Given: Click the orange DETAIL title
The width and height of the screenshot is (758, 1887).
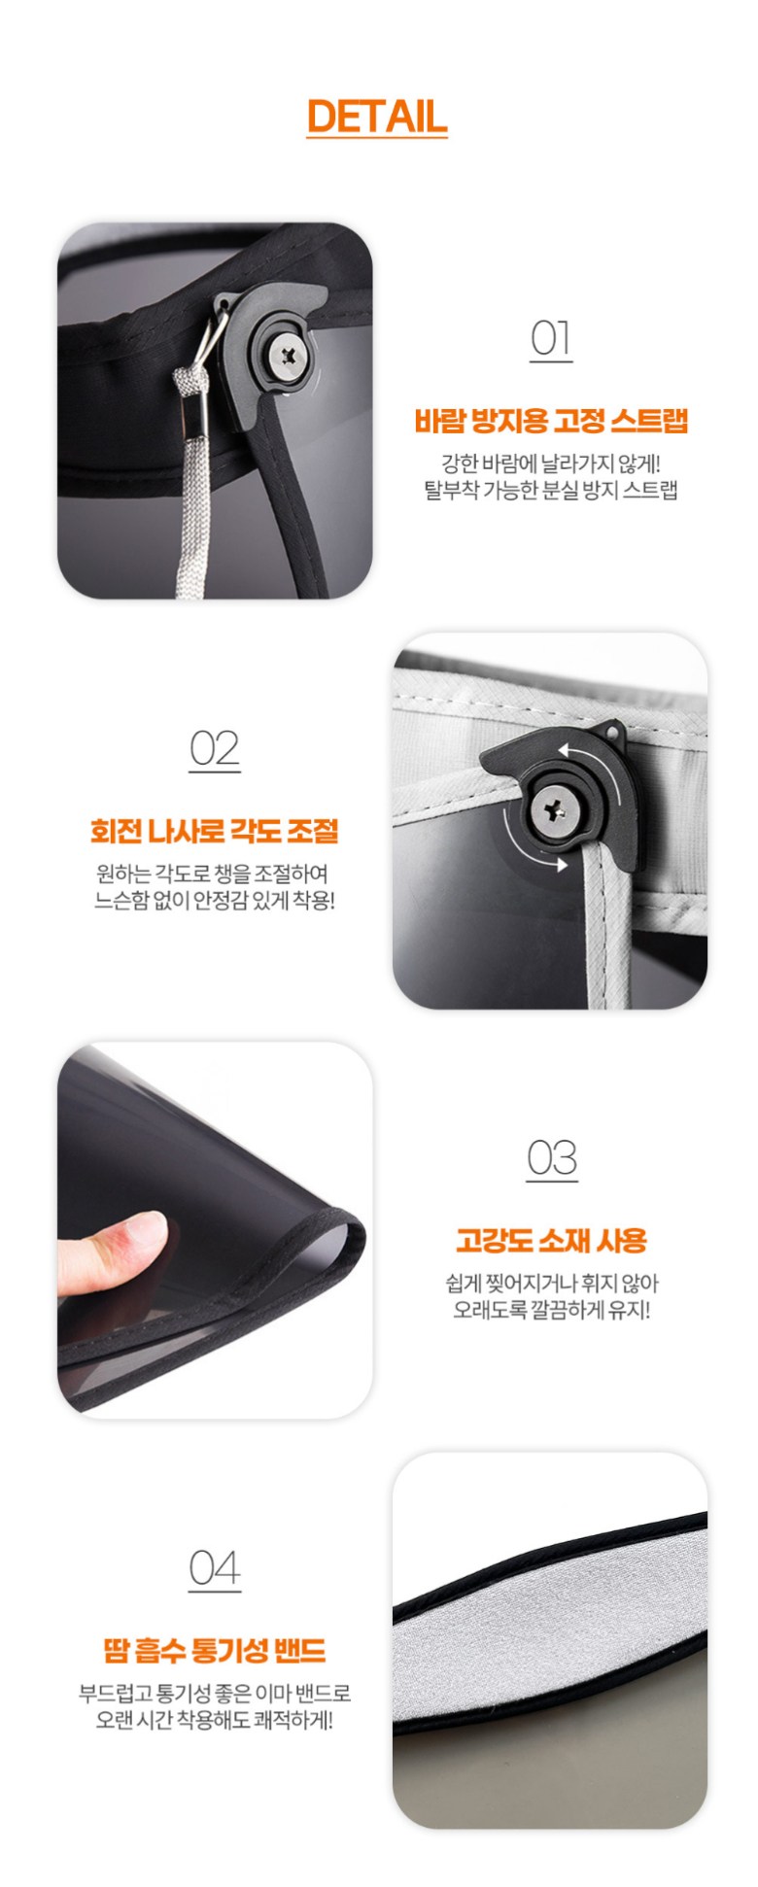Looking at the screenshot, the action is pos(377,117).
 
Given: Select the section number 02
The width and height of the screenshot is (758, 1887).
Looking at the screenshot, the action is pos(215,749).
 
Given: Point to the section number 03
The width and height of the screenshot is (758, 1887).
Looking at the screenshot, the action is pos(552,1158).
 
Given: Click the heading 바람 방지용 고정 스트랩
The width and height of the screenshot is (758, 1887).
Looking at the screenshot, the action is pos(551,421).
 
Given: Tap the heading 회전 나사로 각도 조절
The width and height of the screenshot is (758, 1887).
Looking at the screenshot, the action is pos(215,831).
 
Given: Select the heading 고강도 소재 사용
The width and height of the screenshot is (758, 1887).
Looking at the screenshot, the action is pos(552,1240).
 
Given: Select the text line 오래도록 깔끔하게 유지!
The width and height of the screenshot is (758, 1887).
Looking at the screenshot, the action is pos(552,1309).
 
